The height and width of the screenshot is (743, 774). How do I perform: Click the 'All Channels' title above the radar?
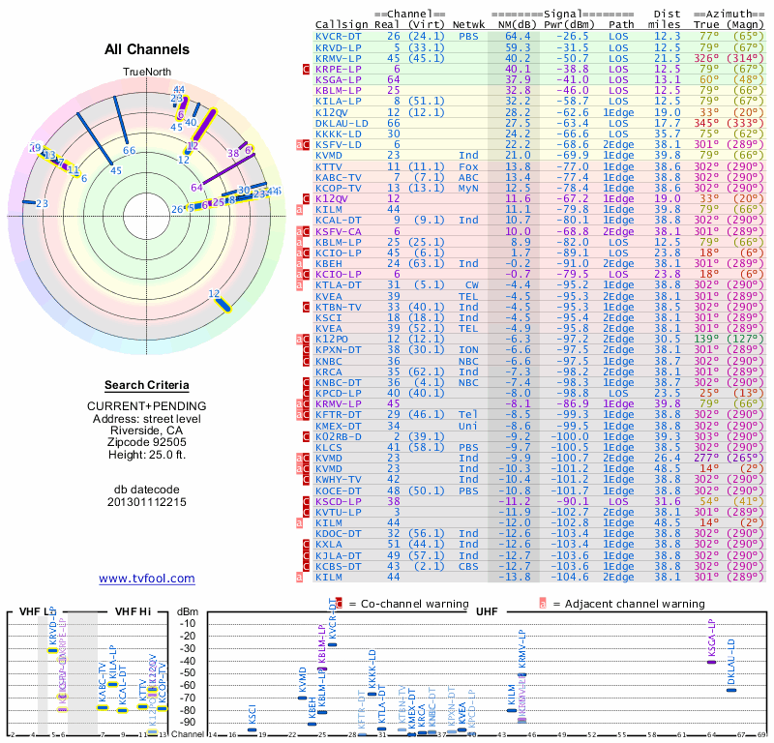[147, 50]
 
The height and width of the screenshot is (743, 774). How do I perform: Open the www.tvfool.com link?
[147, 579]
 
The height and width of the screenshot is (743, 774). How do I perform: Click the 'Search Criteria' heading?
[147, 385]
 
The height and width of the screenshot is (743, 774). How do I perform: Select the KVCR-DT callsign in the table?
[339, 36]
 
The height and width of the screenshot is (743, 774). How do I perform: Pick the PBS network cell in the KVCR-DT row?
[468, 36]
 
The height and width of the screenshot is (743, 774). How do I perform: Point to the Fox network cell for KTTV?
[468, 166]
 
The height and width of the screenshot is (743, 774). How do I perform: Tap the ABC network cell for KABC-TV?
[468, 177]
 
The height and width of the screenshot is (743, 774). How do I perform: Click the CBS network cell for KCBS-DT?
[468, 565]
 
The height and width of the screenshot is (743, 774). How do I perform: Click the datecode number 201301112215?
[147, 501]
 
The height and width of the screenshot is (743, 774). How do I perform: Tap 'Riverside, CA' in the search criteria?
[147, 418]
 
